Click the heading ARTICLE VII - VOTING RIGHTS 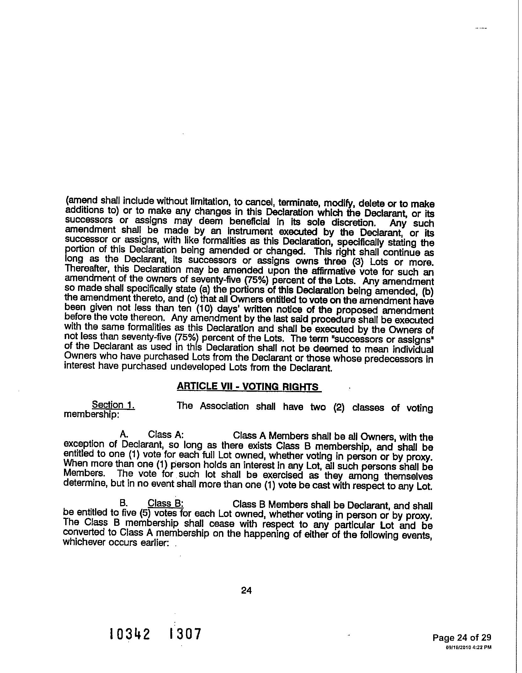[249, 386]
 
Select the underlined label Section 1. [113, 405]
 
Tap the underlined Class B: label [165, 503]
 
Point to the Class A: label [165, 434]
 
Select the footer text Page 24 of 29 [461, 638]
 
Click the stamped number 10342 [130, 634]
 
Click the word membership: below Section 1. [91, 414]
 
